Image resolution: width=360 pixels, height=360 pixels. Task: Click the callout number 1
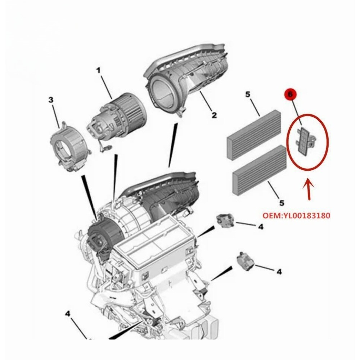(99, 71)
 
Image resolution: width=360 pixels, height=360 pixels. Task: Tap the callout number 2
(214, 115)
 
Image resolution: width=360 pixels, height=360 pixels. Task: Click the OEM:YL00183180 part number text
(296, 215)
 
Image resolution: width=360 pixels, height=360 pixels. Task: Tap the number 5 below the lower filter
(282, 203)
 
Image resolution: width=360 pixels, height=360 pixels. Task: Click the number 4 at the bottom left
(68, 314)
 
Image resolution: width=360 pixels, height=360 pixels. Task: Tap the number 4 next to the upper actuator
(261, 227)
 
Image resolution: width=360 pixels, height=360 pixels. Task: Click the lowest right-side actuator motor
(245, 261)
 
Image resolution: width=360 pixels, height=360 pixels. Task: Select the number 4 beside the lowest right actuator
(279, 272)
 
